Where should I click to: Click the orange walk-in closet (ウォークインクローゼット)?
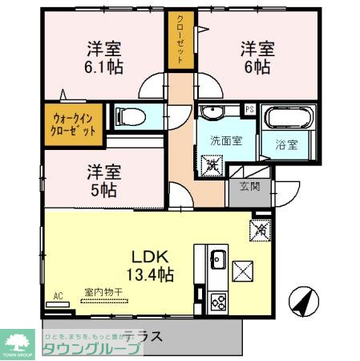pos(73,123)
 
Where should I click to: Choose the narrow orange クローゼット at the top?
pos(181,39)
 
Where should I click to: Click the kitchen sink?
pos(218,261)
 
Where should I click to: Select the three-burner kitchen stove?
pos(217,302)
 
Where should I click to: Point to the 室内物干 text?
pos(102,294)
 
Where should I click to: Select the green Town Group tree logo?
pos(17,339)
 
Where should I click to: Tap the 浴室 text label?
pos(287,145)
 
